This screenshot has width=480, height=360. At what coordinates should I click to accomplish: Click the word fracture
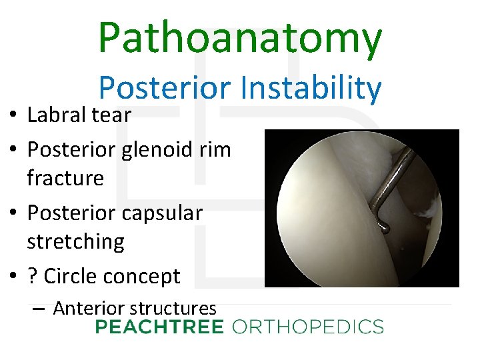click(65, 178)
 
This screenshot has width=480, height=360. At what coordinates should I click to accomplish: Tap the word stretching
click(75, 241)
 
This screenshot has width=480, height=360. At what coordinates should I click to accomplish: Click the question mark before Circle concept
click(32, 275)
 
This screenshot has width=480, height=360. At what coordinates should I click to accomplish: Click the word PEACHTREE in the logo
click(160, 327)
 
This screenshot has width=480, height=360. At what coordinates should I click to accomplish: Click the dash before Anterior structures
click(38, 309)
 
